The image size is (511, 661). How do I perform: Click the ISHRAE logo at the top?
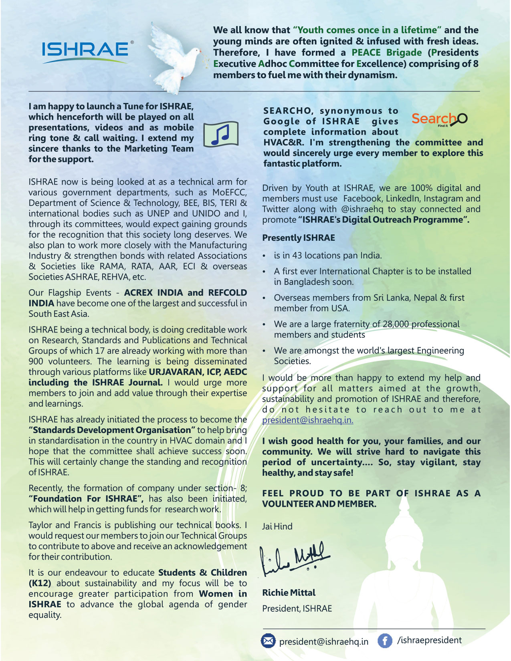click(x=85, y=50)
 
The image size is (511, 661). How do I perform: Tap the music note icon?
click(x=221, y=134)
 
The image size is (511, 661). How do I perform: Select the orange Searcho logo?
click(x=439, y=119)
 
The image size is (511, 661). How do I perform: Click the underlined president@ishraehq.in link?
click(x=307, y=420)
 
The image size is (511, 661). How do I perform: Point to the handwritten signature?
click(x=296, y=557)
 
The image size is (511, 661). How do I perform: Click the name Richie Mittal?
click(x=289, y=592)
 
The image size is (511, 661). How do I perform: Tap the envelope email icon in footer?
click(x=268, y=641)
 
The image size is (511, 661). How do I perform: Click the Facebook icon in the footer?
click(x=385, y=641)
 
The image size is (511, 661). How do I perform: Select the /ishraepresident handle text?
click(x=429, y=640)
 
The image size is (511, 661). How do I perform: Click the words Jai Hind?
click(x=277, y=526)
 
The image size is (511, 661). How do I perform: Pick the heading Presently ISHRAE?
click(x=298, y=238)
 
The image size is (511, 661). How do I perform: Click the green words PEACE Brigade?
click(x=386, y=52)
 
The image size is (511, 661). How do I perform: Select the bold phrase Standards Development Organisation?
click(x=112, y=430)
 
